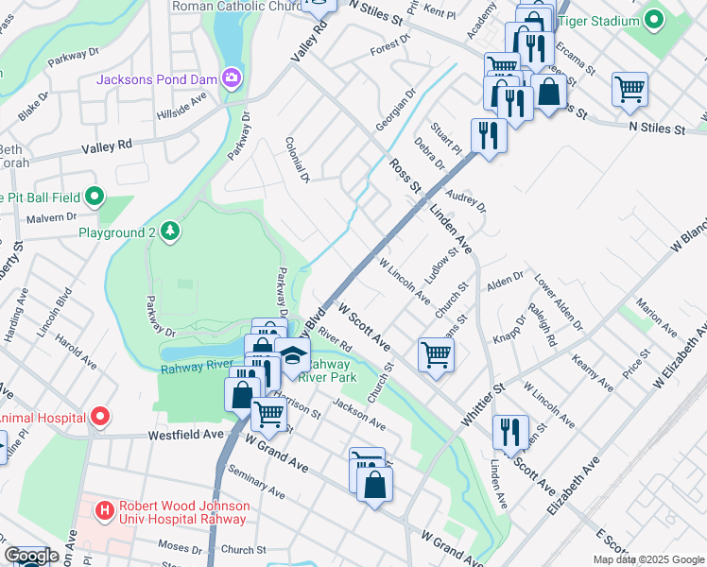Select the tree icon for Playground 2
click(169, 232)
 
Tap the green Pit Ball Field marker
click(94, 197)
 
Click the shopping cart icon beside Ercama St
click(629, 90)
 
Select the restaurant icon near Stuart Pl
click(489, 134)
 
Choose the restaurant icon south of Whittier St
click(509, 432)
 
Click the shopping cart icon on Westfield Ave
click(269, 413)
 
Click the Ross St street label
click(405, 177)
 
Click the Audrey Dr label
click(465, 199)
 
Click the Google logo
click(30, 556)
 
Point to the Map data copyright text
click(647, 559)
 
